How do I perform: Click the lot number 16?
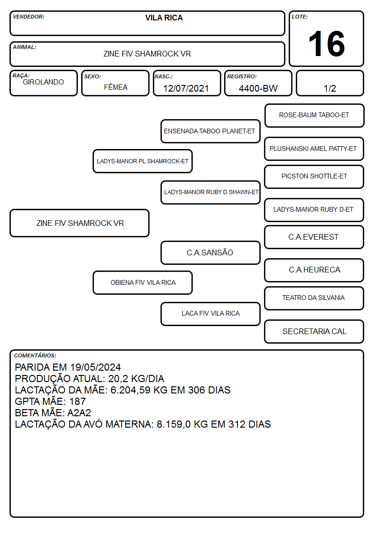pyautogui.click(x=326, y=44)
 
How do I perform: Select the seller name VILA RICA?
pyautogui.click(x=164, y=18)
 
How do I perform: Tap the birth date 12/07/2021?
pyautogui.click(x=186, y=88)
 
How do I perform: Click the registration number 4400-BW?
pyautogui.click(x=258, y=88)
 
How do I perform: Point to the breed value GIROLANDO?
pyautogui.click(x=43, y=82)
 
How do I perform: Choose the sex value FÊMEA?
pyautogui.click(x=115, y=87)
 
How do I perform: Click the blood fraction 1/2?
pyautogui.click(x=330, y=88)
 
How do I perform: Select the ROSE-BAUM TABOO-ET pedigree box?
pyautogui.click(x=314, y=115)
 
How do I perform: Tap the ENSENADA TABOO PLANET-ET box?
pyautogui.click(x=210, y=131)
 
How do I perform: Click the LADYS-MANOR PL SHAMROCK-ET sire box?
pyautogui.click(x=142, y=161)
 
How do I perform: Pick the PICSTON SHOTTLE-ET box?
pyautogui.click(x=314, y=177)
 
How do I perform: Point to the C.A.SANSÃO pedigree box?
pyautogui.click(x=210, y=252)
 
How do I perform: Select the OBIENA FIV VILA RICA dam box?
pyautogui.click(x=142, y=282)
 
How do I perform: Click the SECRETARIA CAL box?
pyautogui.click(x=314, y=331)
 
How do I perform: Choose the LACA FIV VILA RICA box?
pyautogui.click(x=210, y=314)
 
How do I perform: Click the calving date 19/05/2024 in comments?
pyautogui.click(x=95, y=367)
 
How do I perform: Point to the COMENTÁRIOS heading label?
pyautogui.click(x=35, y=355)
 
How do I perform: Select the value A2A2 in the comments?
pyautogui.click(x=79, y=412)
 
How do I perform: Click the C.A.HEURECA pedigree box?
pyautogui.click(x=314, y=270)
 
